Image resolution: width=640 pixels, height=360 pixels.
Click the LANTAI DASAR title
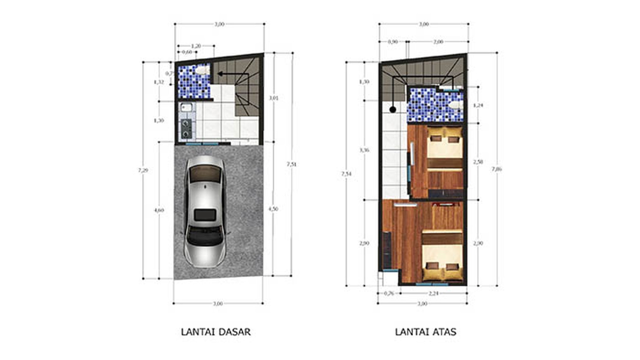tap(216, 332)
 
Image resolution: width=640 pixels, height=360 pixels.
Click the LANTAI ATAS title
tap(426, 332)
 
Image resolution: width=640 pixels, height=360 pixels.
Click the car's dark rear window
tap(205, 215)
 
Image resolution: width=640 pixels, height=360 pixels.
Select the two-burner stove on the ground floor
tap(186, 128)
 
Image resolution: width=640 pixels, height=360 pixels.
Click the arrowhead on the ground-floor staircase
tap(220, 74)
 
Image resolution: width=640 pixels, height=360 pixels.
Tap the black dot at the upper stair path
tap(393, 109)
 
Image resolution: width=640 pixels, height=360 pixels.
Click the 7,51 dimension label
tap(291, 164)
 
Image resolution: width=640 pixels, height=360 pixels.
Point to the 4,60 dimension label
tap(159, 210)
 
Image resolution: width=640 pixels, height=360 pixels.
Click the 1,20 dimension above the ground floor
tap(196, 46)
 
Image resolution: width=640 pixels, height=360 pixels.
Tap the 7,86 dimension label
tap(497, 169)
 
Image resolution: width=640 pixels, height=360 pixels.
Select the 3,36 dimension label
tap(364, 150)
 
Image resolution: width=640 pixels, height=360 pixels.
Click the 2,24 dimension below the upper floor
tap(433, 293)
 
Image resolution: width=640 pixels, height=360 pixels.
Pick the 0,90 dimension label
tap(392, 42)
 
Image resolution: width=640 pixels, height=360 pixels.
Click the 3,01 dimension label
tap(273, 98)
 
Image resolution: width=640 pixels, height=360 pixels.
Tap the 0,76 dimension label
tap(389, 293)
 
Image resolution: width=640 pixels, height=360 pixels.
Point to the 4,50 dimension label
tap(273, 208)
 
